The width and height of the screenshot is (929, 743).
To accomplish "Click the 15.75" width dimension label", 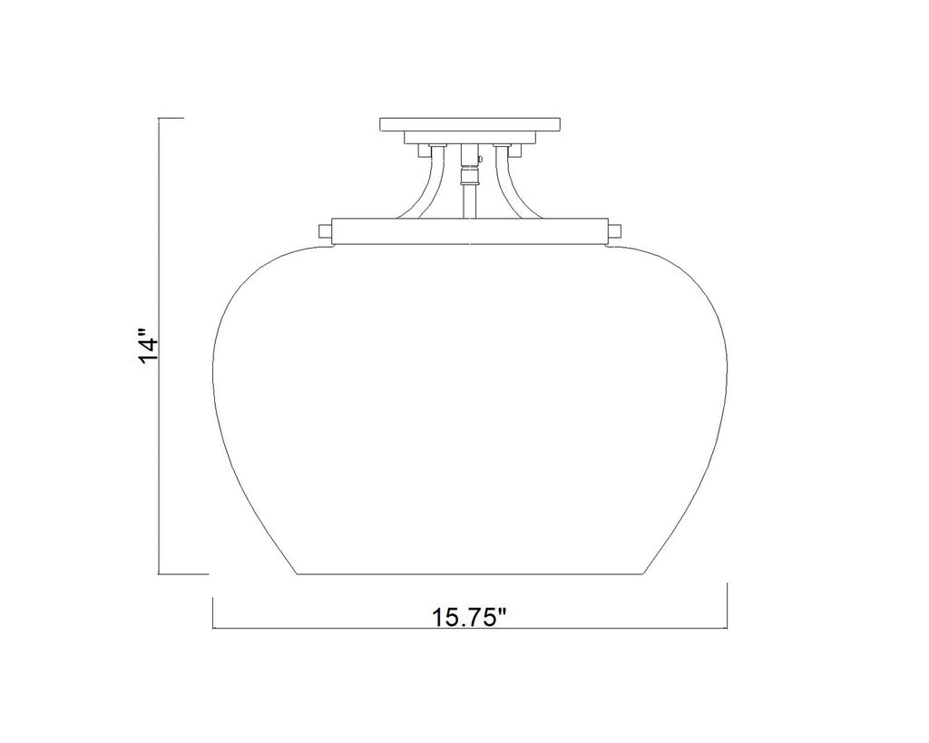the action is coord(469,618).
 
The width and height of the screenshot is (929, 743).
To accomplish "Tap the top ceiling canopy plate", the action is coord(469,124).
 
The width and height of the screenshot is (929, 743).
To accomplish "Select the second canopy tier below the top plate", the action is coord(469,138).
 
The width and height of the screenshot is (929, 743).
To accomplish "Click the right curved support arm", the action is coord(510,183).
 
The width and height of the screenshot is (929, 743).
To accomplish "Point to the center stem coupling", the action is coord(469,176).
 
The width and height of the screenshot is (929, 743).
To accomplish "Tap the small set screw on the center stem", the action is coord(480,158).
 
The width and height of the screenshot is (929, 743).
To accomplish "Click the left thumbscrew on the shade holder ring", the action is coord(326,230).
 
